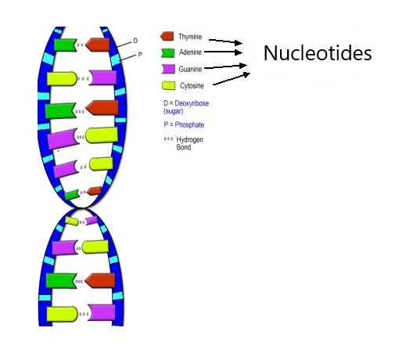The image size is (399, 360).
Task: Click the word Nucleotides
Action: (x=318, y=53)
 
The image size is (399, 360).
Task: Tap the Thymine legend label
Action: (x=190, y=37)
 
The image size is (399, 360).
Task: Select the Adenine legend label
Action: (x=190, y=52)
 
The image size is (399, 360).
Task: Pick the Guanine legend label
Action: (x=190, y=69)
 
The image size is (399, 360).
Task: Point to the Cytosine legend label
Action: (x=192, y=85)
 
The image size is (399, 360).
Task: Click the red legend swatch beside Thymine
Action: (x=167, y=36)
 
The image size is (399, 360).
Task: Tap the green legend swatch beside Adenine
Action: (x=167, y=53)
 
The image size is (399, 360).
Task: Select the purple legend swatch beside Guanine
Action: (x=168, y=69)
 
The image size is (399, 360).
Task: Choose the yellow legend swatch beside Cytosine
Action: (x=168, y=85)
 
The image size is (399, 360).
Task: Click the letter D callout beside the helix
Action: (x=135, y=41)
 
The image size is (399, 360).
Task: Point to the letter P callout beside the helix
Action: (x=140, y=55)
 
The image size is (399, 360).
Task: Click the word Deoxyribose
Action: (x=192, y=103)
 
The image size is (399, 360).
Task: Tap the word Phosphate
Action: (x=189, y=124)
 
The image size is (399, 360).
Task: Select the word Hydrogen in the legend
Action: (x=189, y=140)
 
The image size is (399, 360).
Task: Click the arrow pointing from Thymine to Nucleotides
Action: (x=225, y=41)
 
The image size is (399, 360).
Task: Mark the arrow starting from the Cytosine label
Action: (x=232, y=79)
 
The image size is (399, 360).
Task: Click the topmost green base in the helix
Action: (x=66, y=45)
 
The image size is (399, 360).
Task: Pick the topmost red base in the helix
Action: (x=98, y=45)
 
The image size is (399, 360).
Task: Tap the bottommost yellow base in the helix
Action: (x=62, y=314)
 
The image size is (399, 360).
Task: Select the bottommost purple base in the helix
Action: (x=102, y=312)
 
